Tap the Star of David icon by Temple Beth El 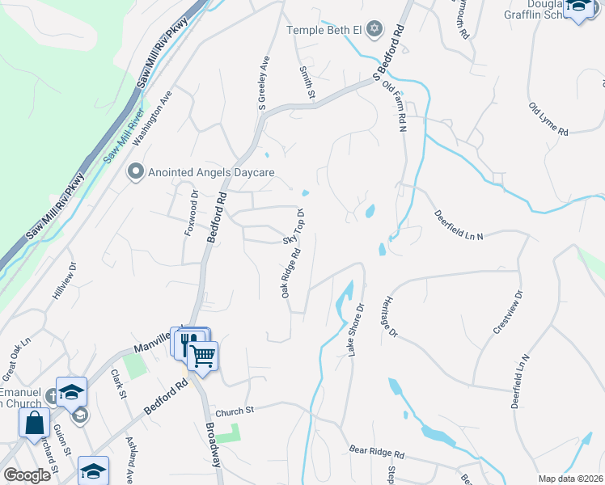coord(374,30)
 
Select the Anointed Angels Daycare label coord(212,172)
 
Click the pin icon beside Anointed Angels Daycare coord(136,172)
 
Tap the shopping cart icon coord(202,355)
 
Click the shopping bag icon coord(35,422)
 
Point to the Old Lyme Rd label coord(549,119)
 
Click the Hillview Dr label coord(65,281)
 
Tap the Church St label coord(235,411)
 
